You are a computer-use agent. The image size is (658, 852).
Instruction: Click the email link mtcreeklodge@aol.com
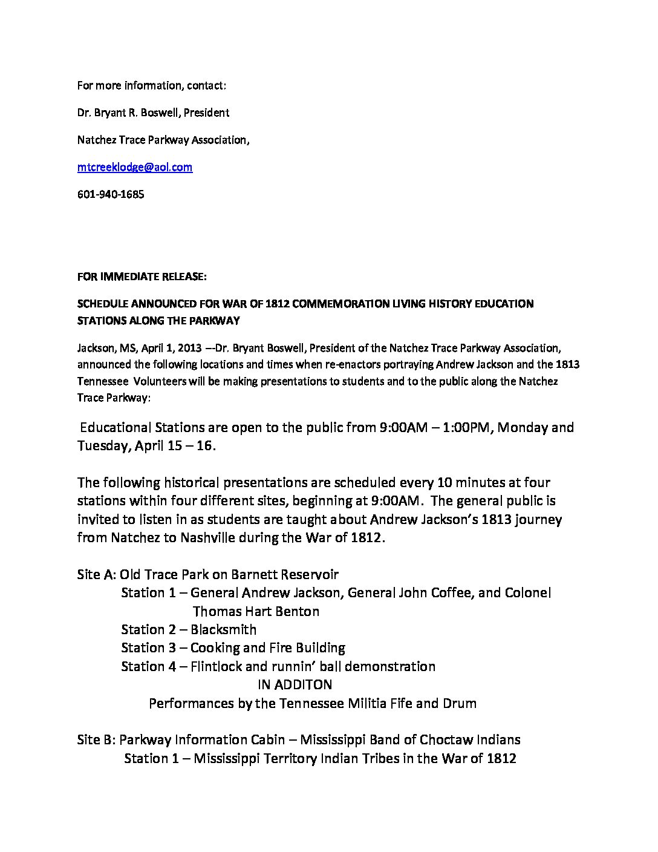(x=135, y=168)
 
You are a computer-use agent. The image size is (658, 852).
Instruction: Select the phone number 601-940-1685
(x=111, y=195)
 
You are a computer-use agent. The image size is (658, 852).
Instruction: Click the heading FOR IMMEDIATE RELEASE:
(x=142, y=277)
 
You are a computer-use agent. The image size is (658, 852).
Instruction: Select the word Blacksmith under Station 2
(x=223, y=630)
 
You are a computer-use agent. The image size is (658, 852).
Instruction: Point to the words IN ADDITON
(x=295, y=685)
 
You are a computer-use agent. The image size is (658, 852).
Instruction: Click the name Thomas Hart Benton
(x=256, y=611)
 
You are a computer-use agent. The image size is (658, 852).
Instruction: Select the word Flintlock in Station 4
(x=217, y=666)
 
